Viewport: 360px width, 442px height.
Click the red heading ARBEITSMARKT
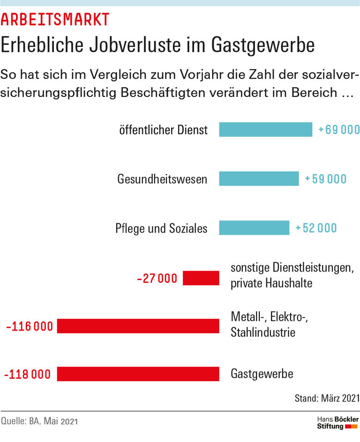[x=55, y=19]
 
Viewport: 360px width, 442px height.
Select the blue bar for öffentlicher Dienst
[x=265, y=130]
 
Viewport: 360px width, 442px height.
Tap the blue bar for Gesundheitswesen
[x=259, y=179]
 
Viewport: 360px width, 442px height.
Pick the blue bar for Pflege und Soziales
[x=254, y=228]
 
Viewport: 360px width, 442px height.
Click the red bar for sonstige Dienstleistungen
[x=201, y=278]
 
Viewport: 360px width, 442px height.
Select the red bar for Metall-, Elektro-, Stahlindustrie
[x=138, y=326]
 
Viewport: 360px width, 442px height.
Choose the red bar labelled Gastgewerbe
[x=138, y=374]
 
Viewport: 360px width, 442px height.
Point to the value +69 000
[x=339, y=130]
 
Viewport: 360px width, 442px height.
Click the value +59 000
[x=325, y=179]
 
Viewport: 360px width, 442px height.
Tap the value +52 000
[x=316, y=228]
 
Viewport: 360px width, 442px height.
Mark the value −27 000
[x=157, y=279]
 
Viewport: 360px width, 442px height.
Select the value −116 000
[x=29, y=326]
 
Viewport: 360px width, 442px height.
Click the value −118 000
[x=27, y=375]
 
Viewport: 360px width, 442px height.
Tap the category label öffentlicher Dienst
[x=163, y=130]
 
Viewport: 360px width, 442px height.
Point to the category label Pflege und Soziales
[x=161, y=228]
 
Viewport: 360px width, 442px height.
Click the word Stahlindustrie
[x=263, y=333]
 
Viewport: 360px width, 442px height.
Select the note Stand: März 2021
[x=327, y=398]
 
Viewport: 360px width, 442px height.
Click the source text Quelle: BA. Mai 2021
[x=39, y=421]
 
